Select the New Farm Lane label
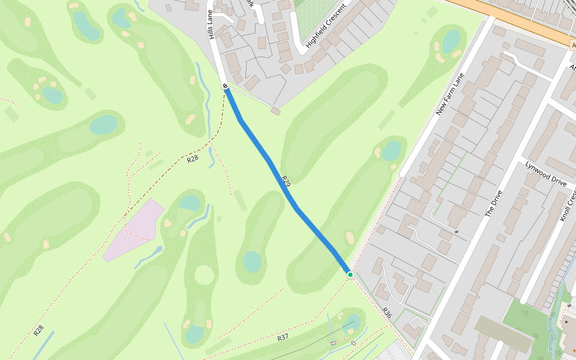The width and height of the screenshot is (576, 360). (x=451, y=94)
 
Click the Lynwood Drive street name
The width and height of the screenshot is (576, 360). (x=546, y=173)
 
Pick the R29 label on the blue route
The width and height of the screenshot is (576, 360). (x=286, y=181)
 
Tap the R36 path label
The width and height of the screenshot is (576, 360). (x=387, y=313)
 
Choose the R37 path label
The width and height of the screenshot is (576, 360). (x=283, y=338)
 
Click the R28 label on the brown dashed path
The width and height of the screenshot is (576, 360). (x=192, y=159)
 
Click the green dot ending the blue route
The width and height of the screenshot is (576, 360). (x=350, y=274)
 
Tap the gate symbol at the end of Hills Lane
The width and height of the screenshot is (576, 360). (x=226, y=86)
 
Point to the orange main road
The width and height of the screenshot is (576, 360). (x=516, y=18)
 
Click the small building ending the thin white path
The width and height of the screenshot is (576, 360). (x=275, y=111)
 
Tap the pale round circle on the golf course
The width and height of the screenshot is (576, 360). (x=204, y=275)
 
